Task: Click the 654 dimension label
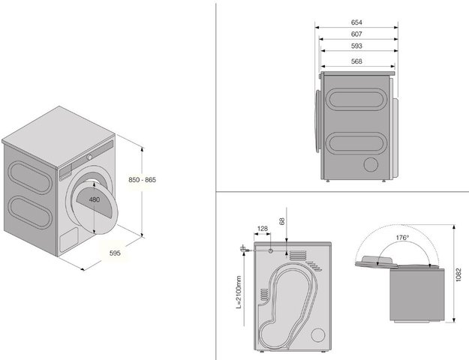pyautogui.click(x=356, y=22)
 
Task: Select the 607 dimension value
pyautogui.click(x=356, y=34)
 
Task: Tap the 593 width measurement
pyautogui.click(x=356, y=46)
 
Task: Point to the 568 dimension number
pyautogui.click(x=356, y=61)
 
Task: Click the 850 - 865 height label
pyautogui.click(x=142, y=180)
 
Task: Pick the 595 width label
pyautogui.click(x=115, y=253)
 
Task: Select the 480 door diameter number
pyautogui.click(x=95, y=199)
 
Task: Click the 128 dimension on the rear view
pyautogui.click(x=263, y=229)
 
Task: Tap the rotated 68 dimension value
pyautogui.click(x=281, y=221)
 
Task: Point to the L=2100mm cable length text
pyautogui.click(x=239, y=292)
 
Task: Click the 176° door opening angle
pyautogui.click(x=402, y=238)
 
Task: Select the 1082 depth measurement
pyautogui.click(x=459, y=274)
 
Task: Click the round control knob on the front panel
pyautogui.click(x=89, y=157)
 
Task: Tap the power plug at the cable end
pyautogui.click(x=242, y=249)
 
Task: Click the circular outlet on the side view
pyautogui.click(x=371, y=164)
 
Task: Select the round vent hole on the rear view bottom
pyautogui.click(x=318, y=335)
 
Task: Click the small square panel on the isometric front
pyautogui.click(x=69, y=240)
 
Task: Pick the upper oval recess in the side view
pyautogui.click(x=356, y=99)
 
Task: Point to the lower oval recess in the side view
pyautogui.click(x=356, y=143)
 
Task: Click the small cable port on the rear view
pyautogui.click(x=270, y=250)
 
